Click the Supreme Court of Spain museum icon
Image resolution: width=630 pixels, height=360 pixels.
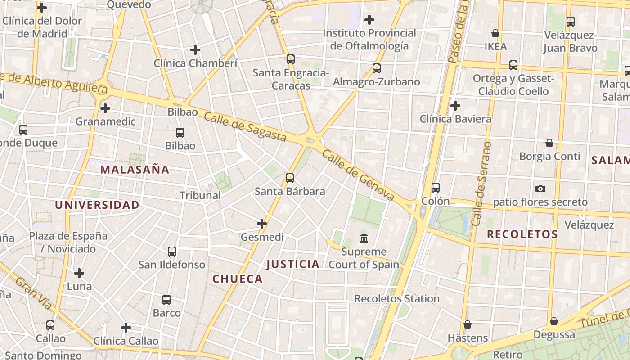[x=364, y=238]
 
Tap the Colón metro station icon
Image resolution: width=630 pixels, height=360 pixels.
[x=435, y=188]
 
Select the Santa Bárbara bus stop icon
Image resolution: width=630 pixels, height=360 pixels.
[x=290, y=178]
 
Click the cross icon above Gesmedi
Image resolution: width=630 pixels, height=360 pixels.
[x=262, y=223]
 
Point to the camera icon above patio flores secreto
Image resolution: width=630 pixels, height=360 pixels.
[x=540, y=189]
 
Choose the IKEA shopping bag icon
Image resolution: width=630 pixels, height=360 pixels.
[x=495, y=33]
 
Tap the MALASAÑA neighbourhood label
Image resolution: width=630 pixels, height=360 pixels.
[x=135, y=170]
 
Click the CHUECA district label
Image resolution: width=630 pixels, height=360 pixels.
[x=238, y=279]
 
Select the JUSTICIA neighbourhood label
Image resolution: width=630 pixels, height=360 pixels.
[x=293, y=264]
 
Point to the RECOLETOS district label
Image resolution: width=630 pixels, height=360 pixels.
[x=522, y=234]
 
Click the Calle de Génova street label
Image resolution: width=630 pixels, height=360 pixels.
[x=358, y=175]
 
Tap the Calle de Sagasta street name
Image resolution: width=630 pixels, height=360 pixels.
[x=245, y=127]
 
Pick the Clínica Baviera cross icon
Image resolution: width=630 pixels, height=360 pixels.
[x=455, y=106]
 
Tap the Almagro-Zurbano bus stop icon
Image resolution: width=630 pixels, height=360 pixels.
[x=377, y=68]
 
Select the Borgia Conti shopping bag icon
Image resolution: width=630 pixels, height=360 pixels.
[x=549, y=143]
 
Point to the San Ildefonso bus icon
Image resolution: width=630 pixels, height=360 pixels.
[x=172, y=252]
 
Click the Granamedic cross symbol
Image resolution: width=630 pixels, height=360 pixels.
[x=105, y=108]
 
